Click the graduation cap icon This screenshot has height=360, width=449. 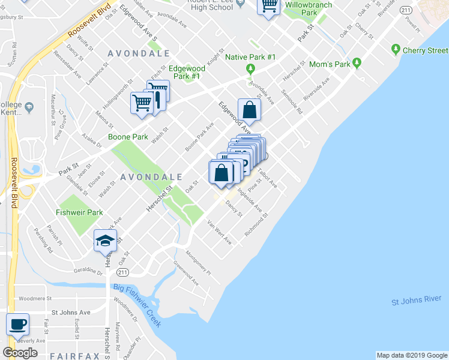coord(105,241)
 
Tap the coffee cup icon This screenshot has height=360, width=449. coord(17,324)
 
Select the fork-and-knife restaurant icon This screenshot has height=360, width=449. coord(158,96)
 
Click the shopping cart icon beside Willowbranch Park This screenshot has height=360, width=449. coord(269,6)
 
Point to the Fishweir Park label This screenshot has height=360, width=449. coord(79,212)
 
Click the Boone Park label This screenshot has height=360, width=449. coord(128,137)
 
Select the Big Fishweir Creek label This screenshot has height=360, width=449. coord(137,307)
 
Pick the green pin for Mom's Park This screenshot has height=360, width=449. coord(357,62)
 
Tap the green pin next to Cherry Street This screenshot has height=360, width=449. coord(396,48)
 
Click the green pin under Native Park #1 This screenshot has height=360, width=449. coord(250,69)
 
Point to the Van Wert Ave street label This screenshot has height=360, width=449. coord(219,232)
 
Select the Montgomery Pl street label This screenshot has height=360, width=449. coord(198,263)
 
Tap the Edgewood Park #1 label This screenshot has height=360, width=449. coord(187,73)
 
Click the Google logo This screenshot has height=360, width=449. coord(20,353)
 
